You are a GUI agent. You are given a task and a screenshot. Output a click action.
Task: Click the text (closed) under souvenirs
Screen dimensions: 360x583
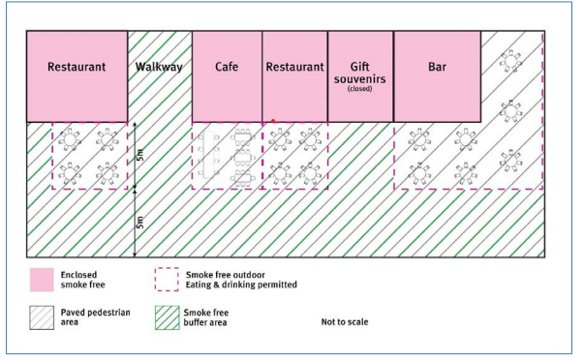(360, 89)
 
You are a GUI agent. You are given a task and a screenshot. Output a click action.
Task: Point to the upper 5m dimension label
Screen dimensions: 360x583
(140, 155)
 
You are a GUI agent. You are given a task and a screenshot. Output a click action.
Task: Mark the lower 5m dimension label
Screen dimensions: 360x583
(140, 223)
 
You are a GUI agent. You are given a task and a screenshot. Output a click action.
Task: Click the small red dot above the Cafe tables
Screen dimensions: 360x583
(273, 121)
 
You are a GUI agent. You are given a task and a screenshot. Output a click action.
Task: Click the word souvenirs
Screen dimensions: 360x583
(360, 76)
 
